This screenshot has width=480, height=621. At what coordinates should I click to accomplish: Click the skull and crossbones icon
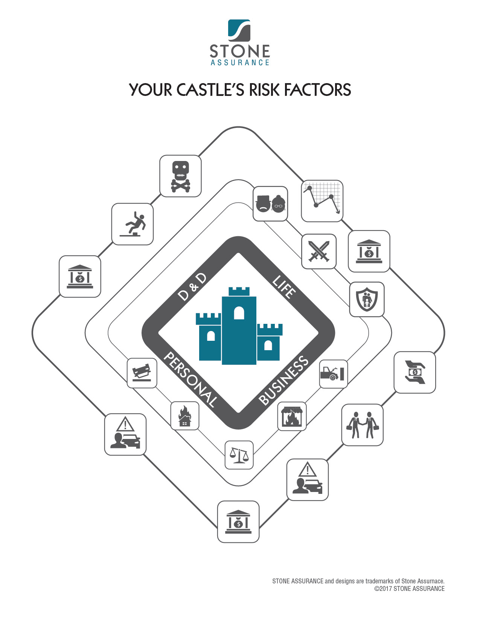(180, 176)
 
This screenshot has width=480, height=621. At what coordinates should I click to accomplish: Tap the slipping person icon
(133, 224)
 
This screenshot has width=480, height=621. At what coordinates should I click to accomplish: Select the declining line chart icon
(322, 201)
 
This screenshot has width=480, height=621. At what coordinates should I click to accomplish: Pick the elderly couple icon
(270, 203)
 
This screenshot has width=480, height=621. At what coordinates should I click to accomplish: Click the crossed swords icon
(319, 251)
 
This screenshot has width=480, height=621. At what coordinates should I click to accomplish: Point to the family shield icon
(367, 299)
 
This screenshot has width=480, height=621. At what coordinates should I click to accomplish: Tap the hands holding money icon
(414, 372)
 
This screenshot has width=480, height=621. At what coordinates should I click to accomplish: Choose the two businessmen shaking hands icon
(362, 425)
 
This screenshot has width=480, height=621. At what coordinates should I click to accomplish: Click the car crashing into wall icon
(333, 374)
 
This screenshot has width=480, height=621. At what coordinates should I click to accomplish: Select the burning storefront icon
(292, 416)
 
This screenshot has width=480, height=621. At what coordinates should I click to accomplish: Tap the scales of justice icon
(239, 455)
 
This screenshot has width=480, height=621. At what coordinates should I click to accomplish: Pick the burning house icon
(184, 416)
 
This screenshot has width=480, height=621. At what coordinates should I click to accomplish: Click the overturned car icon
(142, 373)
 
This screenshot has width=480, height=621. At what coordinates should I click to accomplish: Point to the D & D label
(192, 287)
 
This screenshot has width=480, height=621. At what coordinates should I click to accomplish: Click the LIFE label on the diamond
(284, 287)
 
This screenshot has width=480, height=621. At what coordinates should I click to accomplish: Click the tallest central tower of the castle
(239, 327)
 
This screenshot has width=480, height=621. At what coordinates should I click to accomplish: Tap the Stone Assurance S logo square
(239, 30)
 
